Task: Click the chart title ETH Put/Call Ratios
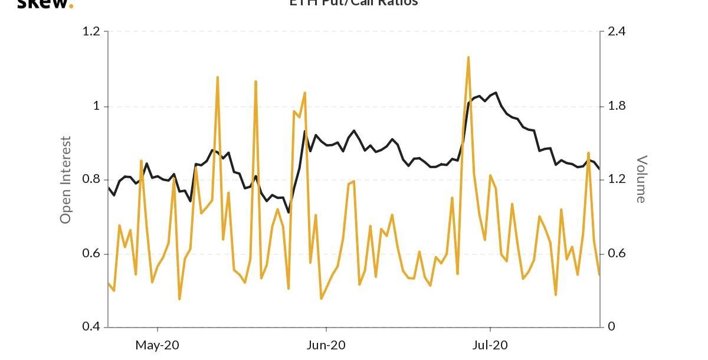pyautogui.click(x=353, y=3)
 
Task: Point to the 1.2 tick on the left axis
pyautogui.click(x=91, y=32)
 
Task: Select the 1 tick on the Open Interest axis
pyautogui.click(x=97, y=106)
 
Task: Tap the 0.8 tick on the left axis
pyautogui.click(x=91, y=180)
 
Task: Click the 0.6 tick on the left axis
pyautogui.click(x=91, y=254)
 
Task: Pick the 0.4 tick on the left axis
pyautogui.click(x=91, y=327)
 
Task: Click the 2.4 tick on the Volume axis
pyautogui.click(x=617, y=32)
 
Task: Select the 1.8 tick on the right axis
pyautogui.click(x=617, y=106)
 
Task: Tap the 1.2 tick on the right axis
pyautogui.click(x=617, y=180)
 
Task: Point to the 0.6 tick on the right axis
pyautogui.click(x=617, y=254)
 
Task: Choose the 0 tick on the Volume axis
pyautogui.click(x=611, y=327)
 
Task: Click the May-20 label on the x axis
pyautogui.click(x=158, y=345)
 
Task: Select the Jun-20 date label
pyautogui.click(x=326, y=345)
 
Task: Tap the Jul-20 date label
pyautogui.click(x=490, y=345)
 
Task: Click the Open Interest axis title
pyautogui.click(x=66, y=180)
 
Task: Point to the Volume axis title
pyautogui.click(x=641, y=179)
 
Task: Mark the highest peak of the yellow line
pyautogui.click(x=468, y=57)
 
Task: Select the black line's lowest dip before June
pyautogui.click(x=289, y=212)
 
